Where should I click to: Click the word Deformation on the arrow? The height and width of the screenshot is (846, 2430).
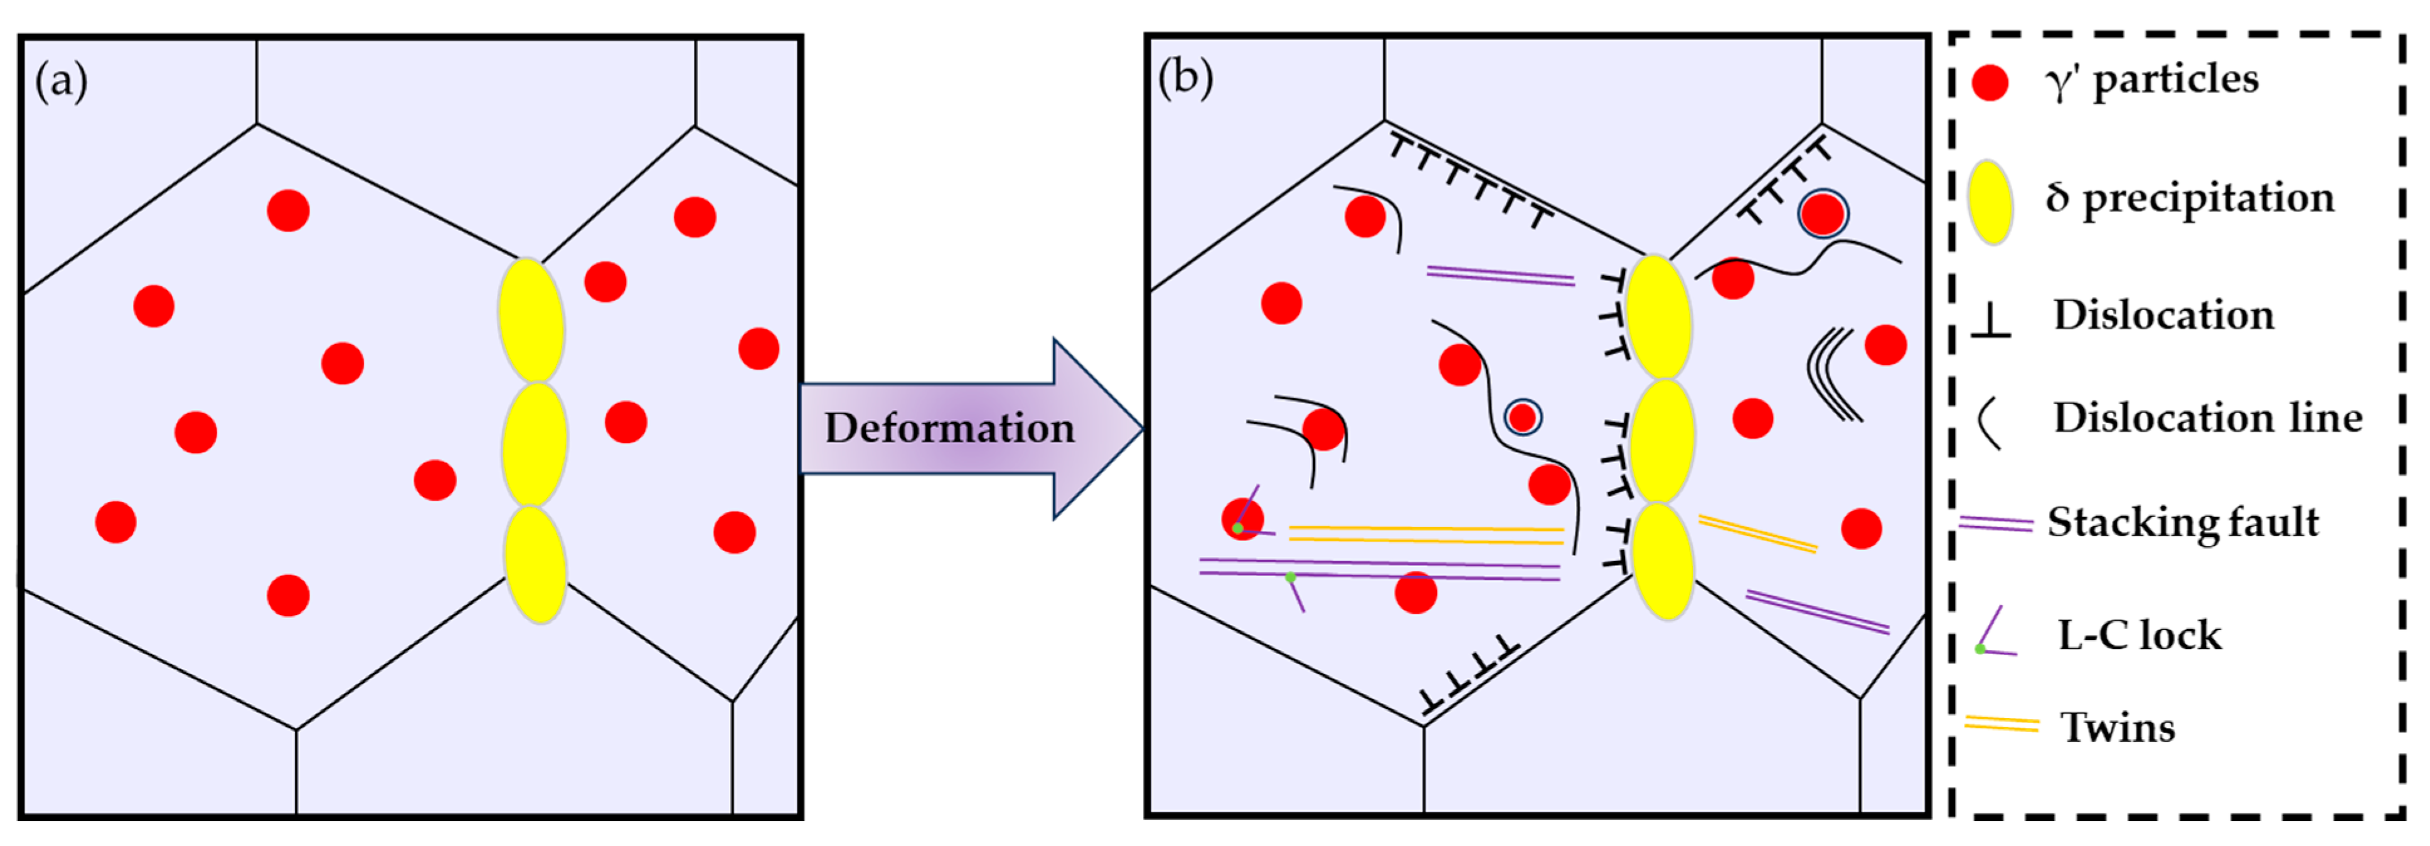(x=949, y=428)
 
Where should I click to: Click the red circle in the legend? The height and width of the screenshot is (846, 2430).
(x=1990, y=83)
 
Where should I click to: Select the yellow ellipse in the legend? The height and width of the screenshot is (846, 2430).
(x=1990, y=202)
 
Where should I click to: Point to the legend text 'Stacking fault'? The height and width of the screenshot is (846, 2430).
(x=2182, y=522)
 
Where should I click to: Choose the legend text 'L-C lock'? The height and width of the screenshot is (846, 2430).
(x=2138, y=634)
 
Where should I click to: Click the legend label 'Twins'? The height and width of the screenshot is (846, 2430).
(x=2117, y=727)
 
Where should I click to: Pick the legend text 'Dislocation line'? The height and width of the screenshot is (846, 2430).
(x=2207, y=418)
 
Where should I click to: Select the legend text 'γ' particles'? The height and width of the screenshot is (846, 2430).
(x=2151, y=79)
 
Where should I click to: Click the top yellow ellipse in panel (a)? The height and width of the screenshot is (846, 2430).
(x=531, y=321)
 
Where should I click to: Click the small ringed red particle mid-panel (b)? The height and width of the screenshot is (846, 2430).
(x=1523, y=416)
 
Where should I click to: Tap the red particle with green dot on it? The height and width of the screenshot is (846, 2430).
(x=1242, y=519)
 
